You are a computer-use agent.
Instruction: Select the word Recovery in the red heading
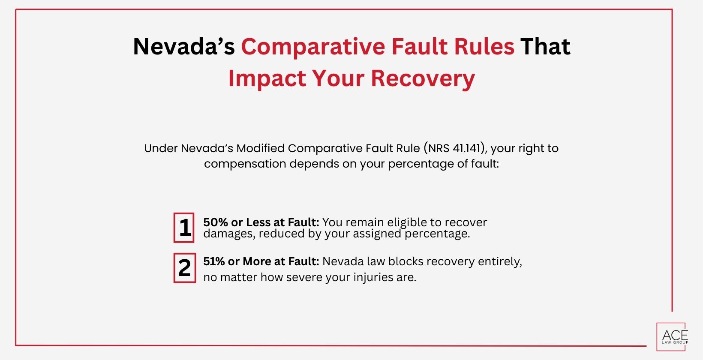point(423,78)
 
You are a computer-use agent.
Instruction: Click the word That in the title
point(545,46)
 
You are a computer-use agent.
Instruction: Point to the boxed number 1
point(184,228)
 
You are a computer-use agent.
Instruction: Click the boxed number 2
point(184,268)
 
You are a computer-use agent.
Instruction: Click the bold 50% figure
point(216,222)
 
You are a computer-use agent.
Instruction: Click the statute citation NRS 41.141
point(456,148)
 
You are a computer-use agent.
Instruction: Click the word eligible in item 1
point(407,222)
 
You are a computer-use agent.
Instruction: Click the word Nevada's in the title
point(184,46)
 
